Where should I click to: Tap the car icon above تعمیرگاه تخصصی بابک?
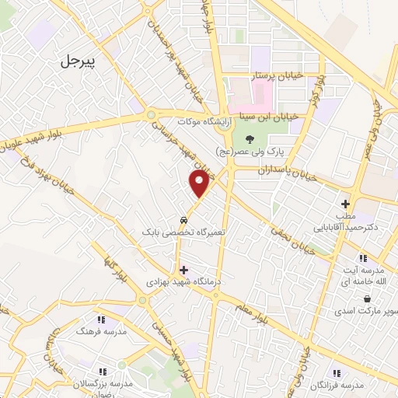183,220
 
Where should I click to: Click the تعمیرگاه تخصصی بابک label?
183,232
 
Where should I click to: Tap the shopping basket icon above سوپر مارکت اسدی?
365,298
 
